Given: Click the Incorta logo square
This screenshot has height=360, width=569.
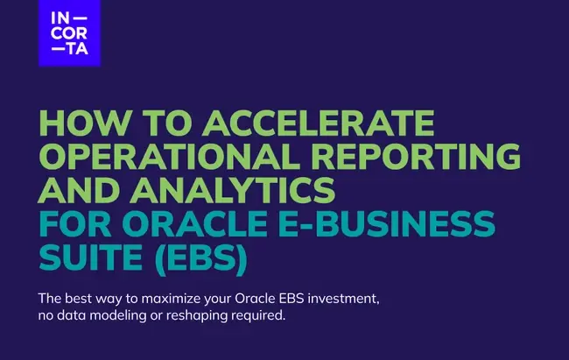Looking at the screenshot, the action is click(x=70, y=33).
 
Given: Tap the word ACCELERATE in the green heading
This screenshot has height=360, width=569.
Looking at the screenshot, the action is click(x=319, y=123).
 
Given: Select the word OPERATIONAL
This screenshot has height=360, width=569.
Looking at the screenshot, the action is click(x=168, y=156).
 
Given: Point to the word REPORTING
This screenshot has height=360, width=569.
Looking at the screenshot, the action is click(x=416, y=156).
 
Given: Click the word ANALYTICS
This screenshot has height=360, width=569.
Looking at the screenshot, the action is click(x=233, y=190).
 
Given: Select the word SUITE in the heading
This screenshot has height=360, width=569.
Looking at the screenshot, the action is click(x=90, y=257).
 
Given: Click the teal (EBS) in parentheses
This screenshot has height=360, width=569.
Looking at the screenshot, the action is click(x=201, y=258).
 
